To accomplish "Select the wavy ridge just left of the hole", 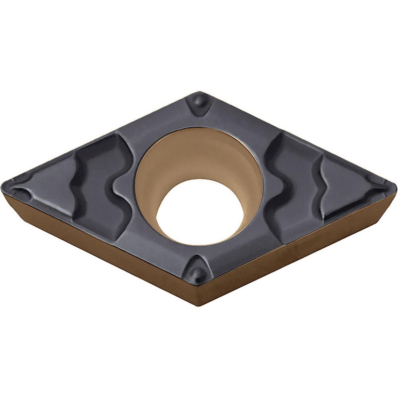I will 121,187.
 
